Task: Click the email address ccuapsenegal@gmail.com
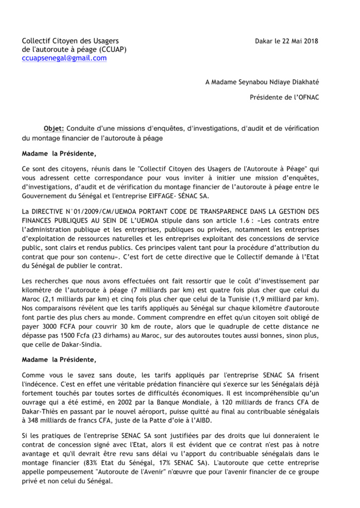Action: [64, 58]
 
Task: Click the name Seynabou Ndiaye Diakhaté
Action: [277, 82]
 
